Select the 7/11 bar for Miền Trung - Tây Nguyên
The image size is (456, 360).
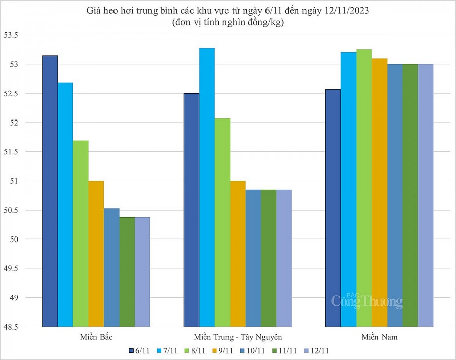pyautogui.click(x=207, y=187)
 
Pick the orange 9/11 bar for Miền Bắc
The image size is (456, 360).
pyautogui.click(x=96, y=254)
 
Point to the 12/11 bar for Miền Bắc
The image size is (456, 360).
pyautogui.click(x=142, y=272)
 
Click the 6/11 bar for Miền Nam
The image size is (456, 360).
pyautogui.click(x=332, y=208)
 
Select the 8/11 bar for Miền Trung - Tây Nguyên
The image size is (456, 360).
pyautogui.click(x=222, y=223)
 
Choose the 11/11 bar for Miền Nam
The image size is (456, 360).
pyautogui.click(x=410, y=195)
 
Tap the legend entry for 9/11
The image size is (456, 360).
pyautogui.click(x=223, y=350)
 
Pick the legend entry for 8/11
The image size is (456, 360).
pyautogui.click(x=195, y=350)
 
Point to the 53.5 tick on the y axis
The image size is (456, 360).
pyautogui.click(x=24, y=35)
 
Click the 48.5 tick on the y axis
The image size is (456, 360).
pyautogui.click(x=24, y=327)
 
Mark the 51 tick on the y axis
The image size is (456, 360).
pyautogui.click(x=27, y=181)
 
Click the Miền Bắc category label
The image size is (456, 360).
pyautogui.click(x=96, y=337)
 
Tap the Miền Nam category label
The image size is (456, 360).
pyautogui.click(x=379, y=337)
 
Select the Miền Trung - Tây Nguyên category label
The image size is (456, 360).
pyautogui.click(x=237, y=337)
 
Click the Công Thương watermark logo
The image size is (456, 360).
pyautogui.click(x=367, y=301)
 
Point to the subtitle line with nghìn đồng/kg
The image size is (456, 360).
pyautogui.click(x=227, y=22)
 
